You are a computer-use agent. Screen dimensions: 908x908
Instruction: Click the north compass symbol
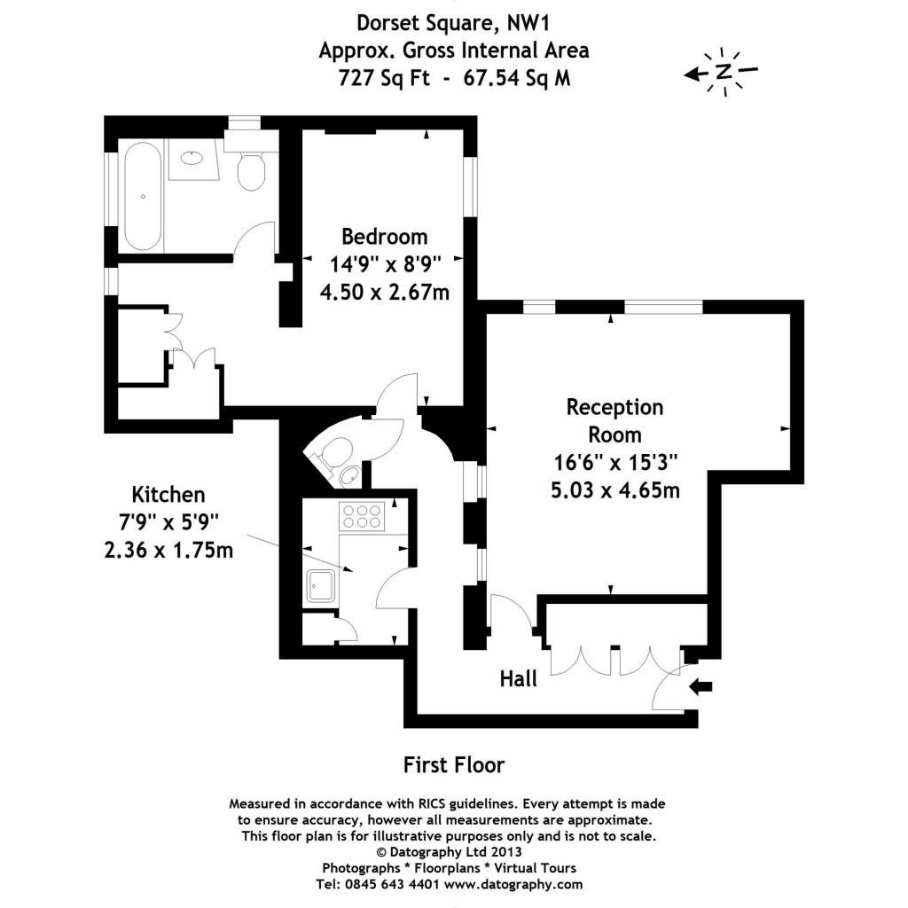pyautogui.click(x=724, y=72)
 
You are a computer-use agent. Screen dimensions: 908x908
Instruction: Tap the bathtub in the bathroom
pyautogui.click(x=142, y=197)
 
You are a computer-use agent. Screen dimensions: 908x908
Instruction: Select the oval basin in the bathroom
pyautogui.click(x=192, y=159)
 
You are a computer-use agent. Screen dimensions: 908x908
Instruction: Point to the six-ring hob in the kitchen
pyautogui.click(x=361, y=516)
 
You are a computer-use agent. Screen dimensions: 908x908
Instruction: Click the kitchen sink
pyautogui.click(x=319, y=585)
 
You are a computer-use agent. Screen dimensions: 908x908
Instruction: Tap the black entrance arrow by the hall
pyautogui.click(x=701, y=685)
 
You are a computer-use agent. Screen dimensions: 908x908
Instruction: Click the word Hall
pyautogui.click(x=519, y=679)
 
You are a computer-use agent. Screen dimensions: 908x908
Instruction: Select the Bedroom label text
pyautogui.click(x=384, y=237)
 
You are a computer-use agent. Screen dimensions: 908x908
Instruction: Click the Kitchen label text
pyautogui.click(x=168, y=495)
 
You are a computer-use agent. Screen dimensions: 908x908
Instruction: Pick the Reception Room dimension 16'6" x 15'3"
pyautogui.click(x=614, y=462)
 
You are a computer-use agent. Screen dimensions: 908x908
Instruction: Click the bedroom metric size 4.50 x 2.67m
pyautogui.click(x=384, y=291)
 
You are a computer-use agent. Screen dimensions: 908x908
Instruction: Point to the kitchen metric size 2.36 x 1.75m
pyautogui.click(x=168, y=550)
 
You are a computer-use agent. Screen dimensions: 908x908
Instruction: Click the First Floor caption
pyautogui.click(x=453, y=764)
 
